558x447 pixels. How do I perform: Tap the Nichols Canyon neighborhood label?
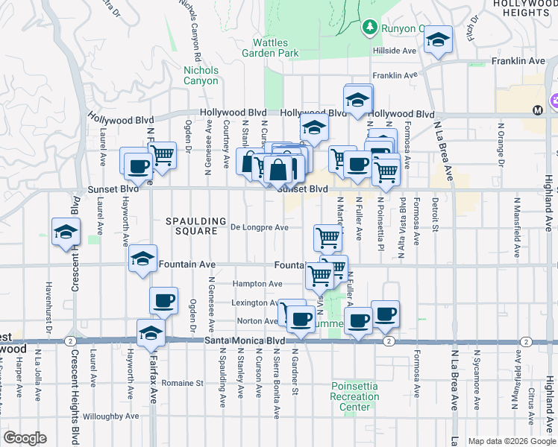[x=201, y=75]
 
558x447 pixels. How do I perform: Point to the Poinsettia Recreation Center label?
[x=354, y=396]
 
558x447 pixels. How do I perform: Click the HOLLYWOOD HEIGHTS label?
[x=525, y=8]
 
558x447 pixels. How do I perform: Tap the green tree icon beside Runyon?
[x=369, y=28]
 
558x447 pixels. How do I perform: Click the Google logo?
[x=25, y=438]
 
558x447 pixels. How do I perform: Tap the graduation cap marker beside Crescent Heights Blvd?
[x=66, y=232]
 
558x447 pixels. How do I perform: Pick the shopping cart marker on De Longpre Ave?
[x=327, y=238]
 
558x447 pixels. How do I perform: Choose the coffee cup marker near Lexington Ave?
[x=163, y=301]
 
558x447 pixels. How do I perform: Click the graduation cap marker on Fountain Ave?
[x=142, y=259]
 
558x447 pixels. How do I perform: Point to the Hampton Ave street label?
[x=257, y=284]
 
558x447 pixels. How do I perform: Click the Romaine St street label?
[x=185, y=383]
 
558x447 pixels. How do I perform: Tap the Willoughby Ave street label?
[x=111, y=416]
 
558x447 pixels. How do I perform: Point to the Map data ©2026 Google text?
[x=511, y=441]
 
